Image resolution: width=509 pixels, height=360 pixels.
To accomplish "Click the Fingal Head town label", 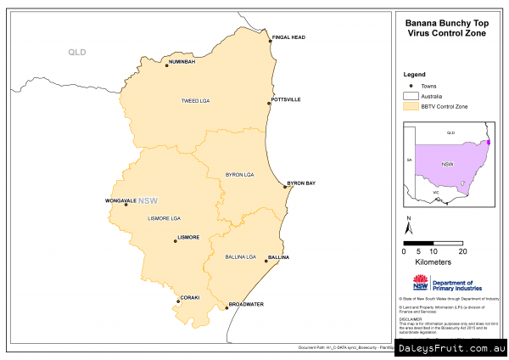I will [288, 37].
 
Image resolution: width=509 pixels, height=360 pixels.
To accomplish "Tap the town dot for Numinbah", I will [167, 65].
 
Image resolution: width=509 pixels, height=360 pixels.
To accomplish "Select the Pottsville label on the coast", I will [285, 99].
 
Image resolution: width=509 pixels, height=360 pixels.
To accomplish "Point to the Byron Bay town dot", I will [285, 187].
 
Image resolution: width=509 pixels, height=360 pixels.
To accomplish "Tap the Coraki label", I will [190, 297].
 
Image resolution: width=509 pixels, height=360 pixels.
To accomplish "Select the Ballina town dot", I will [266, 262].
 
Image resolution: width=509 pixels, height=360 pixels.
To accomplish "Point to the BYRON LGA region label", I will [239, 174].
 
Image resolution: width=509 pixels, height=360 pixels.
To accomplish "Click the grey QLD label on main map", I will [77, 53].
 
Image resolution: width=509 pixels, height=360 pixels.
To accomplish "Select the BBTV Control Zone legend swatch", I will [412, 106].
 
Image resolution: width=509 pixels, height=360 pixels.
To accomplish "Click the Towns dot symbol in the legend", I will [411, 85].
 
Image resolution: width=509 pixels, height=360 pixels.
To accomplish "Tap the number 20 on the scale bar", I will [461, 251].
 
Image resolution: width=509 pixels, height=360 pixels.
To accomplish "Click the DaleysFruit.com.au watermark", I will [451, 348].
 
